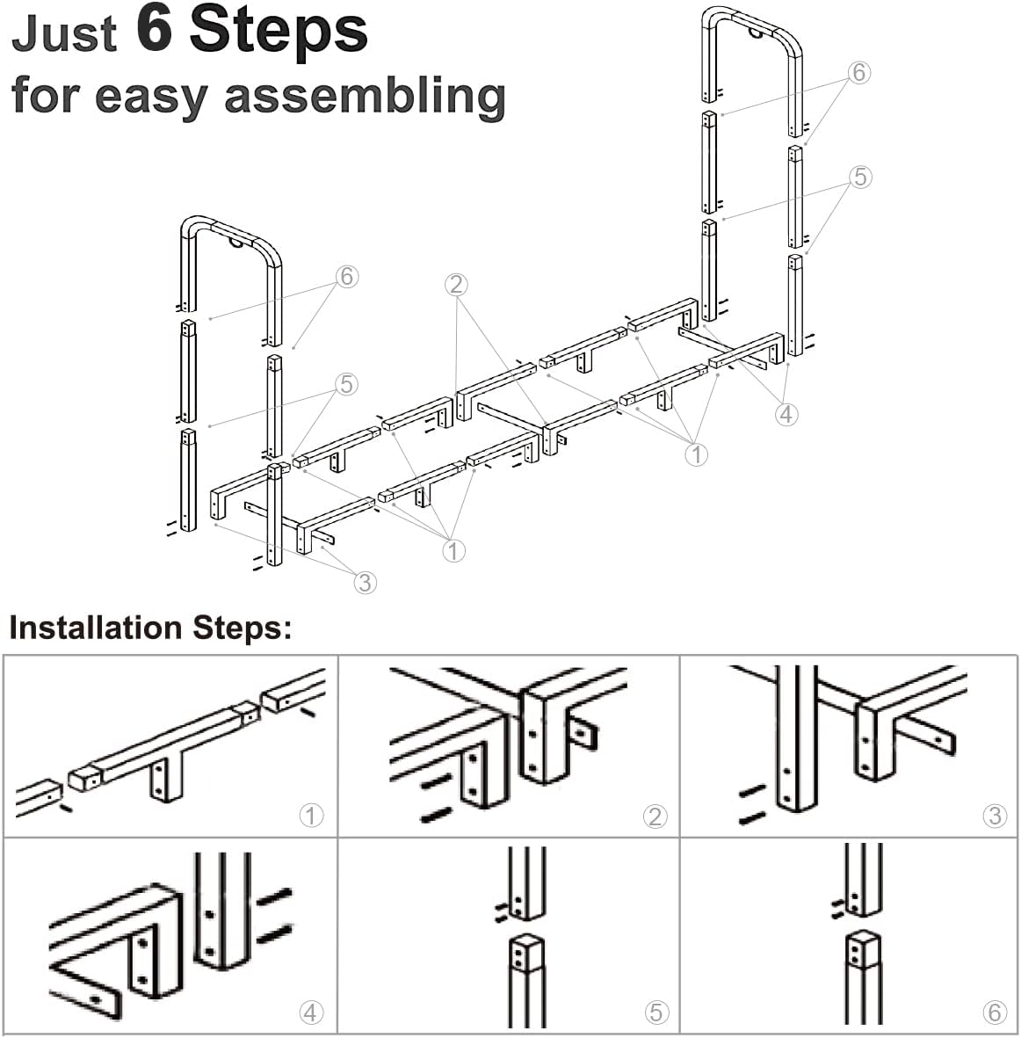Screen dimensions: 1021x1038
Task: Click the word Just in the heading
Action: (x=64, y=33)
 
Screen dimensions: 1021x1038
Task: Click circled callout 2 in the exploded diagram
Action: (x=456, y=285)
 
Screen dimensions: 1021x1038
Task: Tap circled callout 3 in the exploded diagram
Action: (x=366, y=583)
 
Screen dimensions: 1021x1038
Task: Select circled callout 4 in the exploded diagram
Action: (x=786, y=414)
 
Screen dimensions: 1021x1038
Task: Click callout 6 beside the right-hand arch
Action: (x=858, y=72)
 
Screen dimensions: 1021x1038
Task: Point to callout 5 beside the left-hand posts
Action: (x=347, y=384)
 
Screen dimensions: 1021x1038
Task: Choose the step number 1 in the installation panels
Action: (x=311, y=816)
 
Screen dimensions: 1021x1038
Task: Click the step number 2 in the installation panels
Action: (x=655, y=817)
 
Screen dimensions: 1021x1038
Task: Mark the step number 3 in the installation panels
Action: (x=996, y=816)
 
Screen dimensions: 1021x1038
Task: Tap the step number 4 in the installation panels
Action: (x=311, y=1013)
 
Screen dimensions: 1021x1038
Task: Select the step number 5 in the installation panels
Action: (x=655, y=1013)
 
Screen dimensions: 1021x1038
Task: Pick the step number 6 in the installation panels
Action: (x=996, y=1013)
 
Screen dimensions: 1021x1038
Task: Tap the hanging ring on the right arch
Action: (x=756, y=33)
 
